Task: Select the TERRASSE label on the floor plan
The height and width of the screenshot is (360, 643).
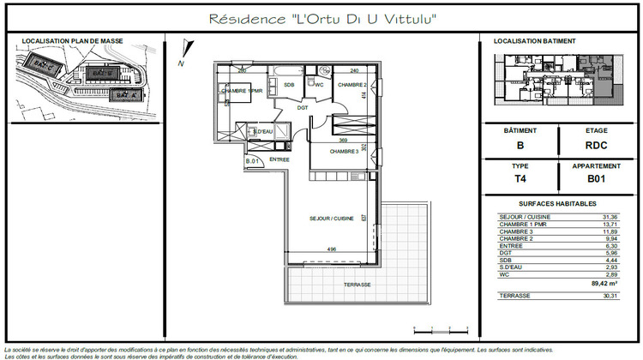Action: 357,284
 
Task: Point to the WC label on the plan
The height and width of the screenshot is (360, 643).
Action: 318,85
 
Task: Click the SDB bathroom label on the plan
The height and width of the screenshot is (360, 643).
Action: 289,85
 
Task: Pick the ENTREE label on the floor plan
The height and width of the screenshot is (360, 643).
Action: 279,159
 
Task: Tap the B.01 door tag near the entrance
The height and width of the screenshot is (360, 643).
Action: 253,161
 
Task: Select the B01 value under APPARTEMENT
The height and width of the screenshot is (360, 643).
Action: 597,179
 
